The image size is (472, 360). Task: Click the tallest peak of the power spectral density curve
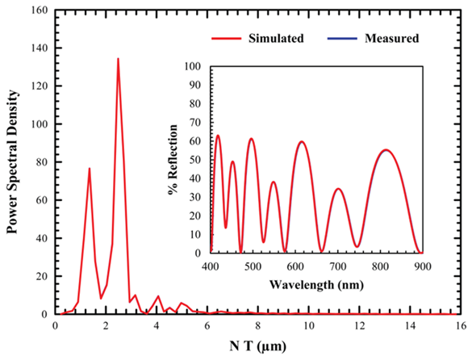[x=118, y=59]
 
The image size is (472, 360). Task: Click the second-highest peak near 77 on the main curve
[x=90, y=168]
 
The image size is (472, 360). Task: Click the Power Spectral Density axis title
[x=14, y=161]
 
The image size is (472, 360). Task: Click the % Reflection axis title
[x=173, y=160]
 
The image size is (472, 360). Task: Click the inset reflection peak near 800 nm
[x=386, y=149]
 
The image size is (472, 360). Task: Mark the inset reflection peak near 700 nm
[x=338, y=189]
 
